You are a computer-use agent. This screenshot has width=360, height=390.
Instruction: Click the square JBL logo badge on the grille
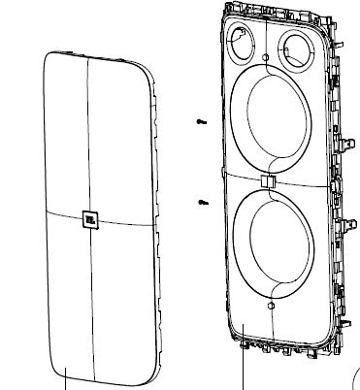90,219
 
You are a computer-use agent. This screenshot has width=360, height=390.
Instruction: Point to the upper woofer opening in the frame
275,118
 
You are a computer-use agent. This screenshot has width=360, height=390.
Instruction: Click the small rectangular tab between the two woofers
268,181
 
